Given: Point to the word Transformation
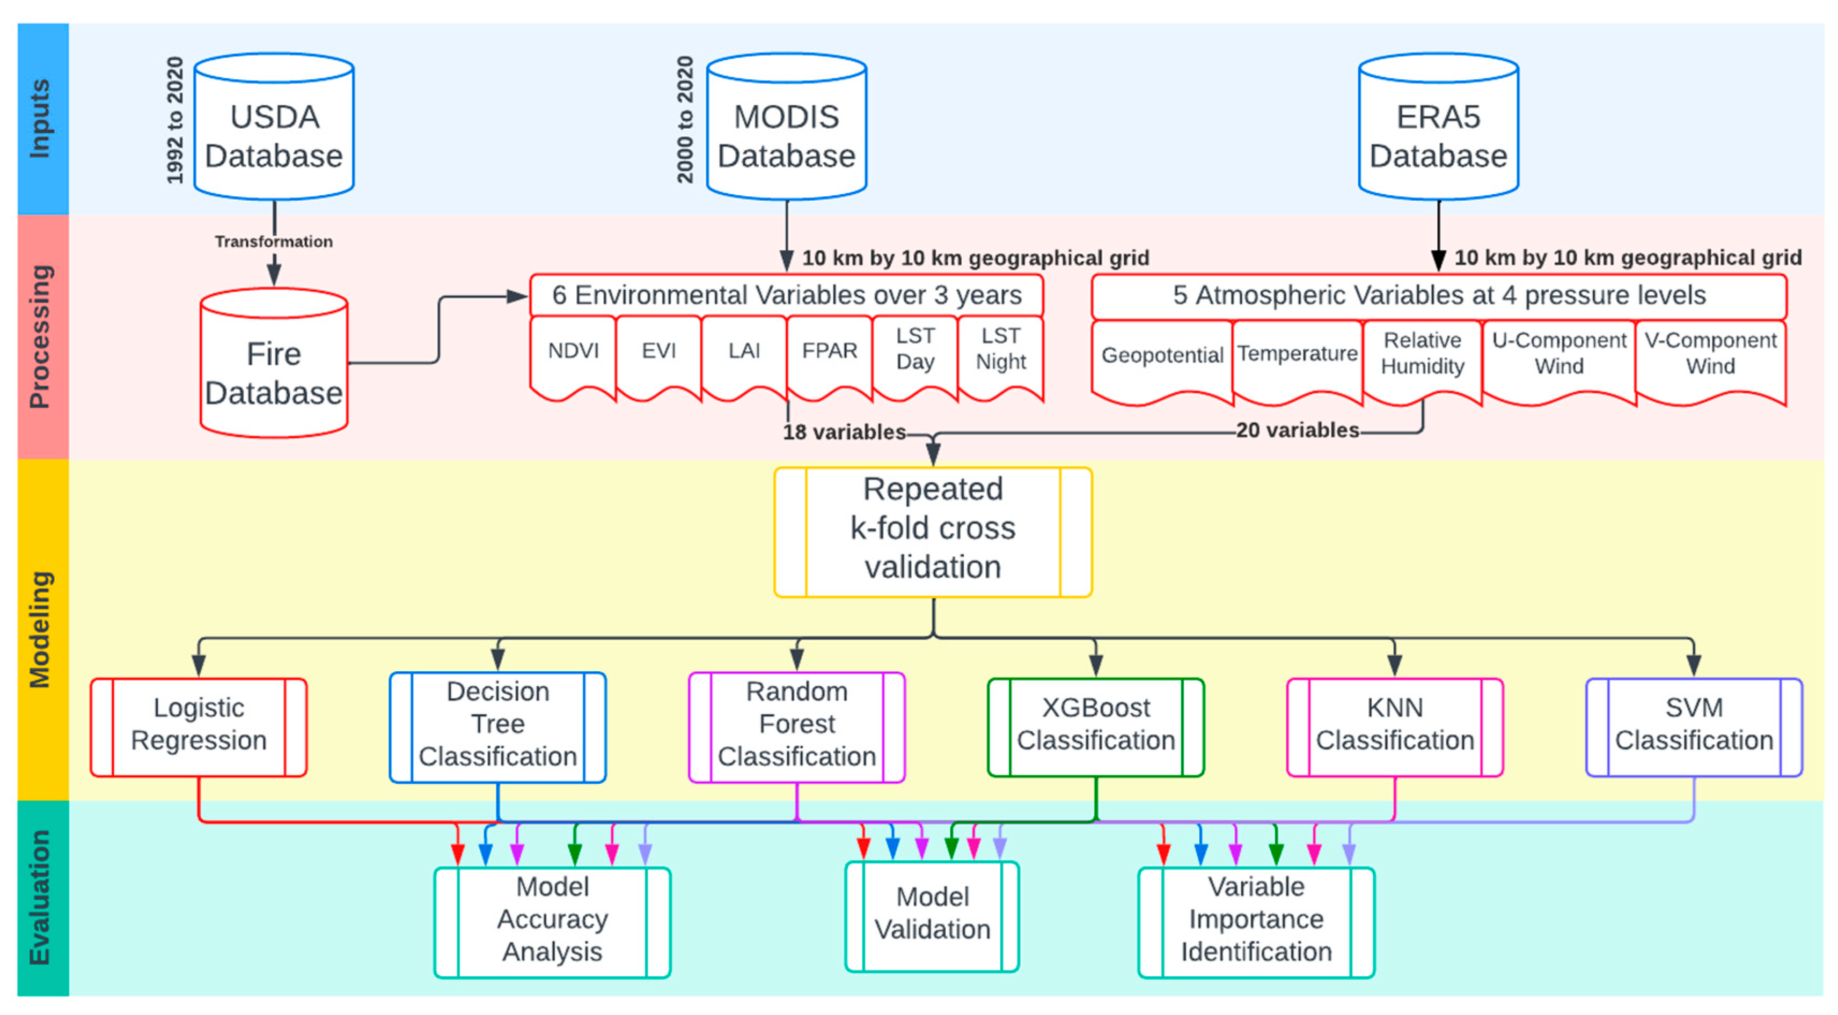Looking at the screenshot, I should pos(274,241).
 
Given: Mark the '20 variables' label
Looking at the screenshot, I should pos(1297,430).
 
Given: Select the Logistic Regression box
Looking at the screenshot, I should pos(199,726).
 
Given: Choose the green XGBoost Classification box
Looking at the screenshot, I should pos(1095,726).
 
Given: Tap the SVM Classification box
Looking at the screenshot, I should pos(1693,726).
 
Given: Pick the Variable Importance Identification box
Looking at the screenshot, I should pos(1256,921).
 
